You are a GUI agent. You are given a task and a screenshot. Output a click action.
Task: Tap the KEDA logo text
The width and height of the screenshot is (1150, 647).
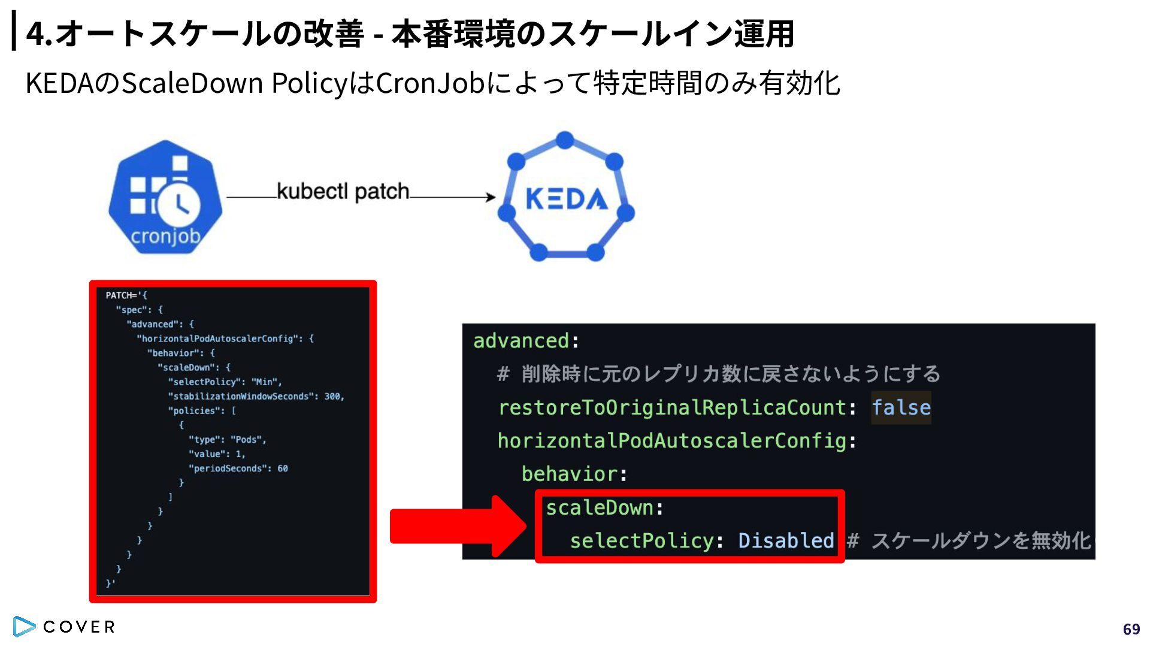pos(567,199)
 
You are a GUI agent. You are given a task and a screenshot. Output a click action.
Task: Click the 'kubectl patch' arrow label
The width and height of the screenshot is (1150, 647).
pos(343,192)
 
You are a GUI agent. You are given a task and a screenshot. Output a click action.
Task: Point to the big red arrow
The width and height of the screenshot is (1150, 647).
pos(458,526)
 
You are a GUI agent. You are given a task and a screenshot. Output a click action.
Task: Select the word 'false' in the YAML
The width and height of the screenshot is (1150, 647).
pos(901,407)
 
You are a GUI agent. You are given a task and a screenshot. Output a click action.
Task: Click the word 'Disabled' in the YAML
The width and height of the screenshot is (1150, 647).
pos(786,540)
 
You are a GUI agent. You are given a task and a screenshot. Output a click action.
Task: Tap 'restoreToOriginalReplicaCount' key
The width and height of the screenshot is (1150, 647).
pos(672,407)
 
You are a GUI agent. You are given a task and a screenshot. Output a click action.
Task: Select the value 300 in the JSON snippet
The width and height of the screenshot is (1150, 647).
pos(333,396)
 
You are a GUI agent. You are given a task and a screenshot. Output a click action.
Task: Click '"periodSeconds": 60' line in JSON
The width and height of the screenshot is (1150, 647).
pos(238,468)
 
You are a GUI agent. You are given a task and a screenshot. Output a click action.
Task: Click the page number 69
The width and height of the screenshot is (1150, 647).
pos(1131,629)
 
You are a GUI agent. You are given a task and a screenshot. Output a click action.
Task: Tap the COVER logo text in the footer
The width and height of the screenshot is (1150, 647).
pos(79,627)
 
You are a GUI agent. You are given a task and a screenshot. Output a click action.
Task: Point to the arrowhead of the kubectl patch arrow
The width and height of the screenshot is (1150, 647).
pos(491,197)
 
